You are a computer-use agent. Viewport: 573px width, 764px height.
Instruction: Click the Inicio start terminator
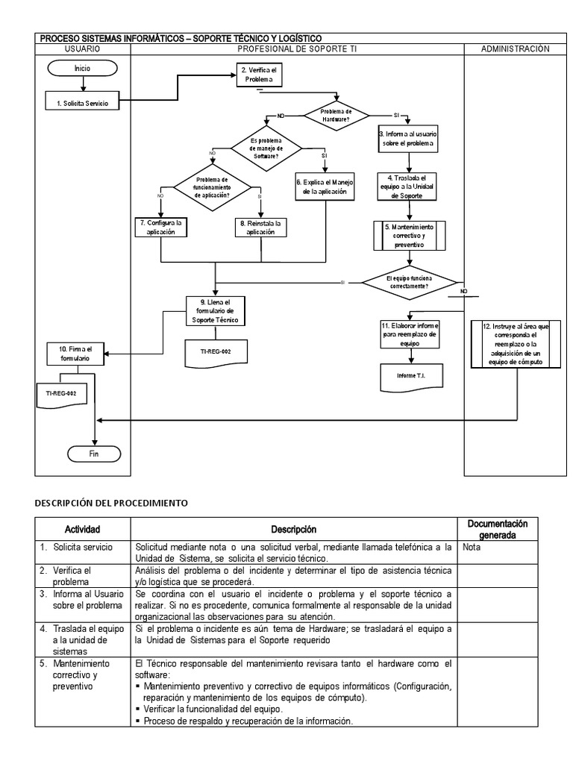point(82,68)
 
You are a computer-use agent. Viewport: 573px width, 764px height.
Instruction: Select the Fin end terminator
point(94,453)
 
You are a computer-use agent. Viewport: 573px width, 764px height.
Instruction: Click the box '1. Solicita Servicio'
point(81,104)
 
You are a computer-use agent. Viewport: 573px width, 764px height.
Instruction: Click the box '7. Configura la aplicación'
point(160,227)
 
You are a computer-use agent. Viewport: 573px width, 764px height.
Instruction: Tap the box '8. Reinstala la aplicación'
point(261,227)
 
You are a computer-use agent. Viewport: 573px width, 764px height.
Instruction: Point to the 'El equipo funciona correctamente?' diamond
point(410,282)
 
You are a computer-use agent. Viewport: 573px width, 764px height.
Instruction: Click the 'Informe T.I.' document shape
point(411,376)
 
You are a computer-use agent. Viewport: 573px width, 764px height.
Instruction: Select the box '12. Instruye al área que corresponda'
point(516,344)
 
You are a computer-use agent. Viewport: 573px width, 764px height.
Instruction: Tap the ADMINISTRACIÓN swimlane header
point(516,48)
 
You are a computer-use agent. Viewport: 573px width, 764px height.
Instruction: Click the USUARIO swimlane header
point(83,48)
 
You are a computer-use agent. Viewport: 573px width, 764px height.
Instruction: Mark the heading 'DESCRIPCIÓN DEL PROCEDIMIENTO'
point(111,503)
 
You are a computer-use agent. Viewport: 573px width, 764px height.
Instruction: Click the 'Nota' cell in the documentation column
point(471,547)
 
